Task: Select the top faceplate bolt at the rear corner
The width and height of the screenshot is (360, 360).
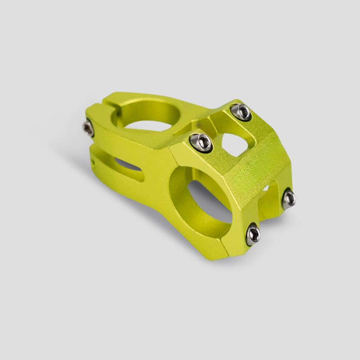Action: pyautogui.click(x=241, y=112)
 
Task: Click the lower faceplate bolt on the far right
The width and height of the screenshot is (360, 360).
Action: pyautogui.click(x=288, y=198)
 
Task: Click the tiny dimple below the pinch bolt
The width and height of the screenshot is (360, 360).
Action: pyautogui.click(x=93, y=158)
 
